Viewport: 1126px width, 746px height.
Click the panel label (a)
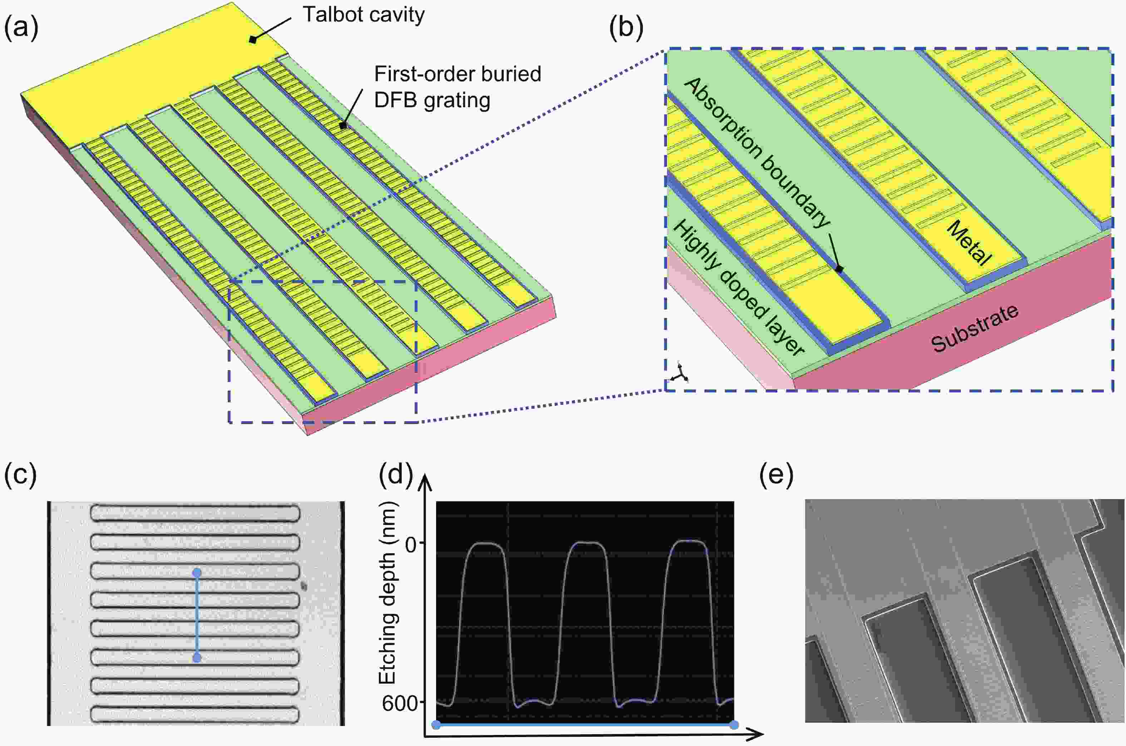point(21,28)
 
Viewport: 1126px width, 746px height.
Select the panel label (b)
point(626,28)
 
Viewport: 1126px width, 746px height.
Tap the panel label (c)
point(20,475)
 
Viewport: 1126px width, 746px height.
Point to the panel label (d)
point(395,475)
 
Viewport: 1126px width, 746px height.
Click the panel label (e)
point(776,475)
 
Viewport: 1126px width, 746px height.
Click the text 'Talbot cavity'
point(364,15)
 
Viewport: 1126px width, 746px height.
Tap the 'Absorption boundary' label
point(757,153)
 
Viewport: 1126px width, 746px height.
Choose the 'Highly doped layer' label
point(738,288)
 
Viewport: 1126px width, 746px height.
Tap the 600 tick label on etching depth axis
point(400,703)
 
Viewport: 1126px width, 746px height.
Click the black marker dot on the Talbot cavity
point(253,40)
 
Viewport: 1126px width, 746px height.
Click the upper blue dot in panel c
point(197,572)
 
